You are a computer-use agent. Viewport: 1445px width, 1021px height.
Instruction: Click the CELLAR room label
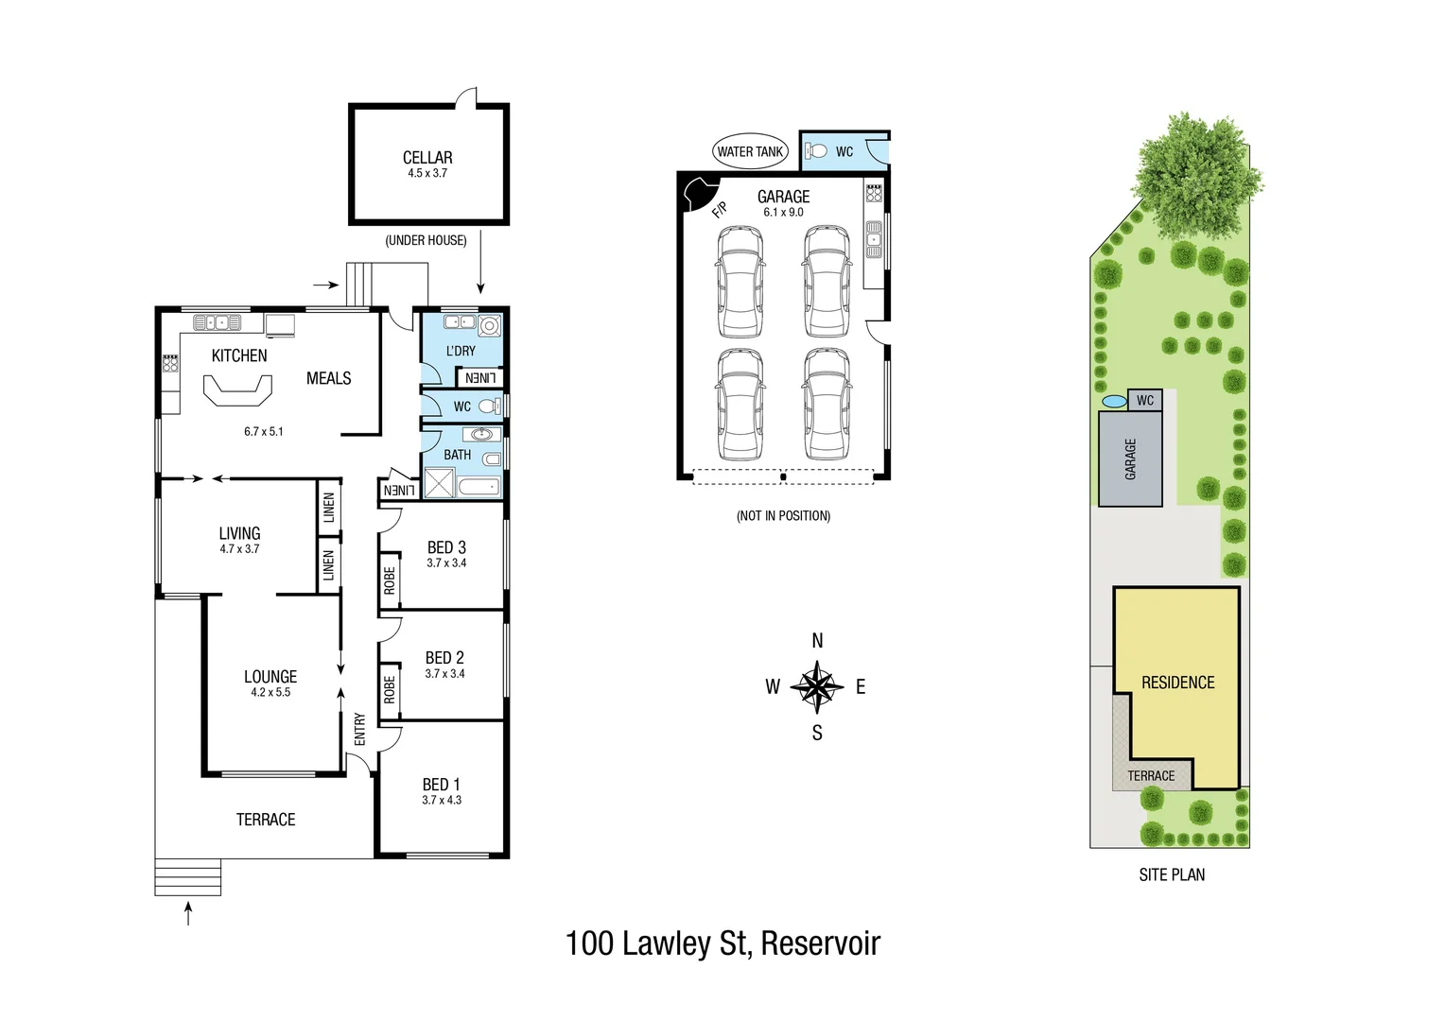coord(427,158)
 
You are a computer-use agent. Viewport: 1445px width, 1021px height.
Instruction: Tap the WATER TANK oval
coord(750,151)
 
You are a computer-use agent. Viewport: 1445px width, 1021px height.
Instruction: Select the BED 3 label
coord(446,547)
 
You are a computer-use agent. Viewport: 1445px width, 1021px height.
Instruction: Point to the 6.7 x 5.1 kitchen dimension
coord(263,431)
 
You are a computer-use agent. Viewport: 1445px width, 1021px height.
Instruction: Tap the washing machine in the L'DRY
coord(489,327)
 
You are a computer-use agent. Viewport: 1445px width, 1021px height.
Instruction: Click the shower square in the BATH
coord(440,484)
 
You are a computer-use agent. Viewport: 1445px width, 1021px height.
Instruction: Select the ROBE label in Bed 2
coord(389,689)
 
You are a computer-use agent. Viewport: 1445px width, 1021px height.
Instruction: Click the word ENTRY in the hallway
coord(359,729)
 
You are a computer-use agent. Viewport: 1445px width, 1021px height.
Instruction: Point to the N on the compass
coord(817,641)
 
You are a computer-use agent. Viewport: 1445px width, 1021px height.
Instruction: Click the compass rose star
coord(817,687)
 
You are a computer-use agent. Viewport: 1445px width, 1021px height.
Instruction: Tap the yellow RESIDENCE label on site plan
coord(1177,683)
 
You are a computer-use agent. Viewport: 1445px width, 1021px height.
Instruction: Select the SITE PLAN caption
coord(1172,875)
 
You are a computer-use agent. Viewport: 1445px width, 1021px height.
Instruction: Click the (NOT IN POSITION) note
coord(783,516)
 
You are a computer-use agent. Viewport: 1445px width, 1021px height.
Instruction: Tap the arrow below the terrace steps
coord(188,913)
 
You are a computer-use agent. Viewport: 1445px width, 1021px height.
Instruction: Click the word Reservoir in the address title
coord(820,943)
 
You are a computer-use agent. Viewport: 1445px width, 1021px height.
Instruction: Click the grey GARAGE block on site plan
coord(1130,459)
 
